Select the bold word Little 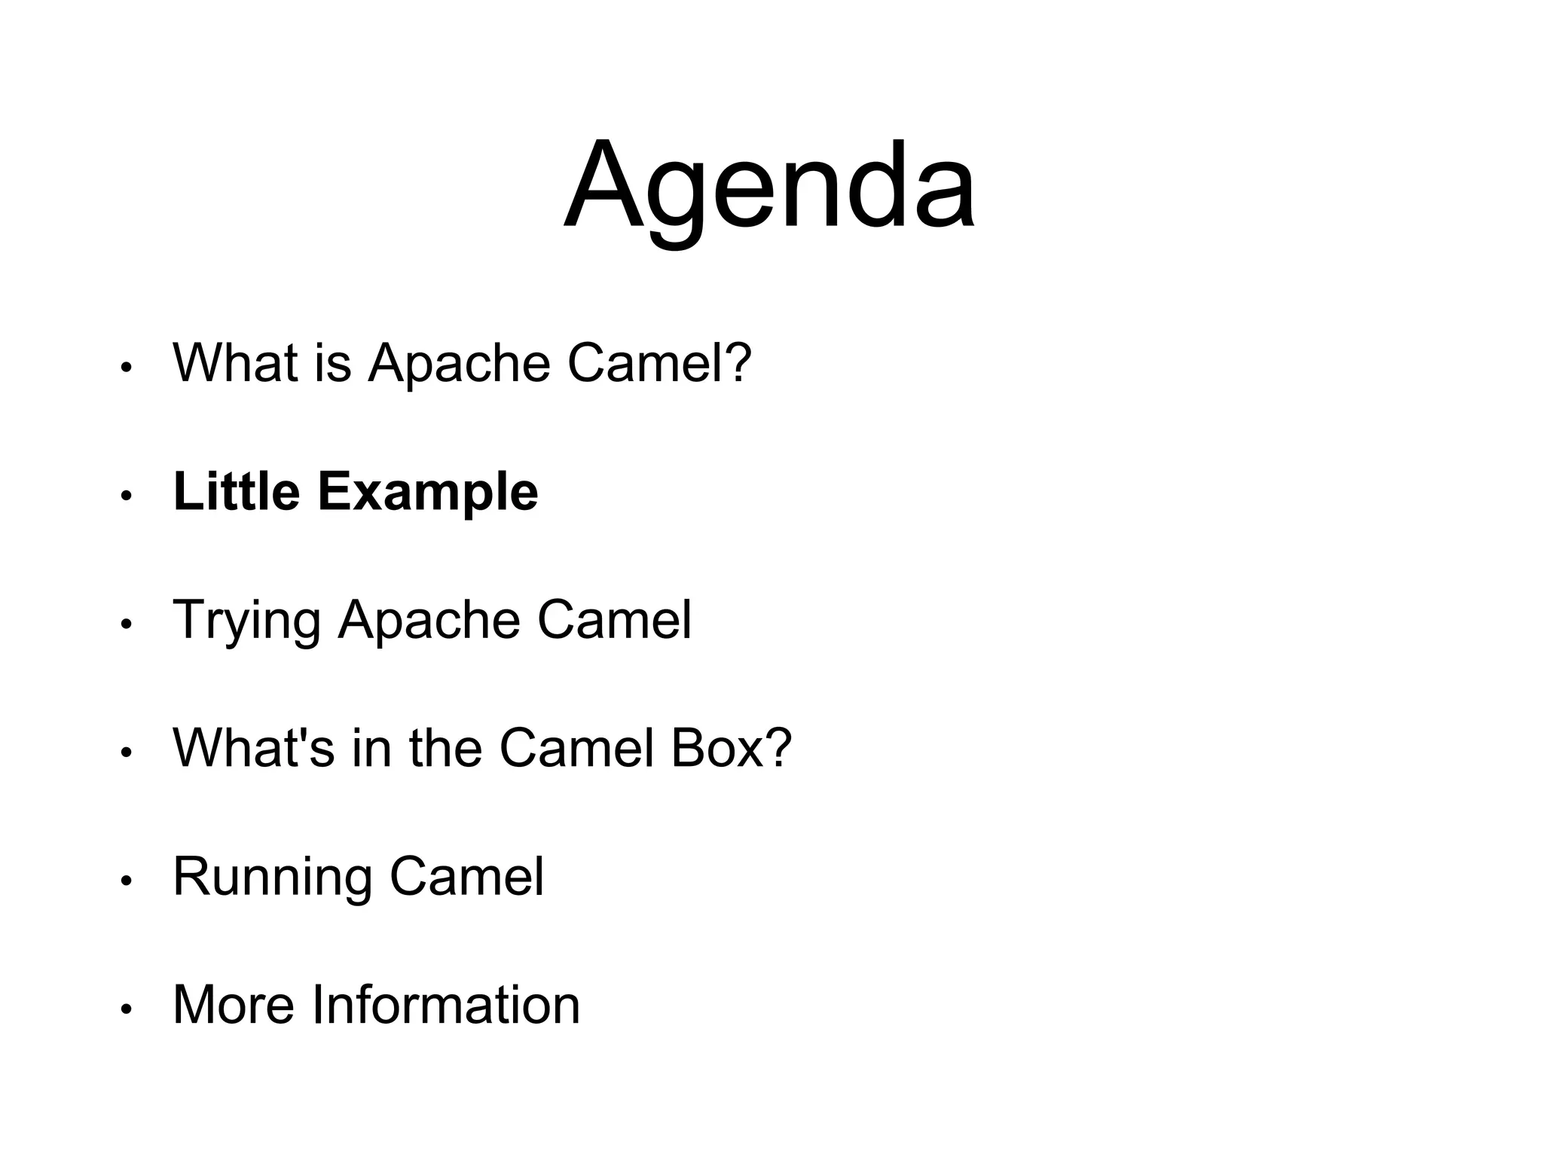237,491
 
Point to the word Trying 246,621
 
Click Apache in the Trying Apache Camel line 429,621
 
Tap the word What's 253,748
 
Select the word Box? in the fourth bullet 730,748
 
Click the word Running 272,878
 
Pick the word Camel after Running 466,876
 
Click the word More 233,1004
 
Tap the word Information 445,1004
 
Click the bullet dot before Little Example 126,496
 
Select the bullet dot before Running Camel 126,881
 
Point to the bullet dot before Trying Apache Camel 126,624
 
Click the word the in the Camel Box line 445,748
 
